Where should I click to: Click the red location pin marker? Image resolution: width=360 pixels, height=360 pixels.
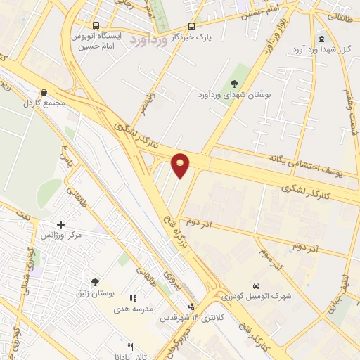181,165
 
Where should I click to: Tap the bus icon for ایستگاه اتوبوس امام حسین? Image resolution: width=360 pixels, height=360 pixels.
96,24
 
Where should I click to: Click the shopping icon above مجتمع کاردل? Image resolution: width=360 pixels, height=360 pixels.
44,92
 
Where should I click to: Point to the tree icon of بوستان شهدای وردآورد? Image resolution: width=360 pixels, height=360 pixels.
234,84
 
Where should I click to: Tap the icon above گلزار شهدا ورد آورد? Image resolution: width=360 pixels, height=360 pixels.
321,39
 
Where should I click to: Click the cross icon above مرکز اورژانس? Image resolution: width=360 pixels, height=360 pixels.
61,224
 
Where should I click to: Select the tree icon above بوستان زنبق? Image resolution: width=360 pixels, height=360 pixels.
95,282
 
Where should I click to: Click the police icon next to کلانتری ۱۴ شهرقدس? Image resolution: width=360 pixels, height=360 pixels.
191,307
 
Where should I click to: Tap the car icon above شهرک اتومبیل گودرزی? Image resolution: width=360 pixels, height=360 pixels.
256,285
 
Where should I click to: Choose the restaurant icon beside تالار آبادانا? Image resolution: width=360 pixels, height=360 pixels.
129,347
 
